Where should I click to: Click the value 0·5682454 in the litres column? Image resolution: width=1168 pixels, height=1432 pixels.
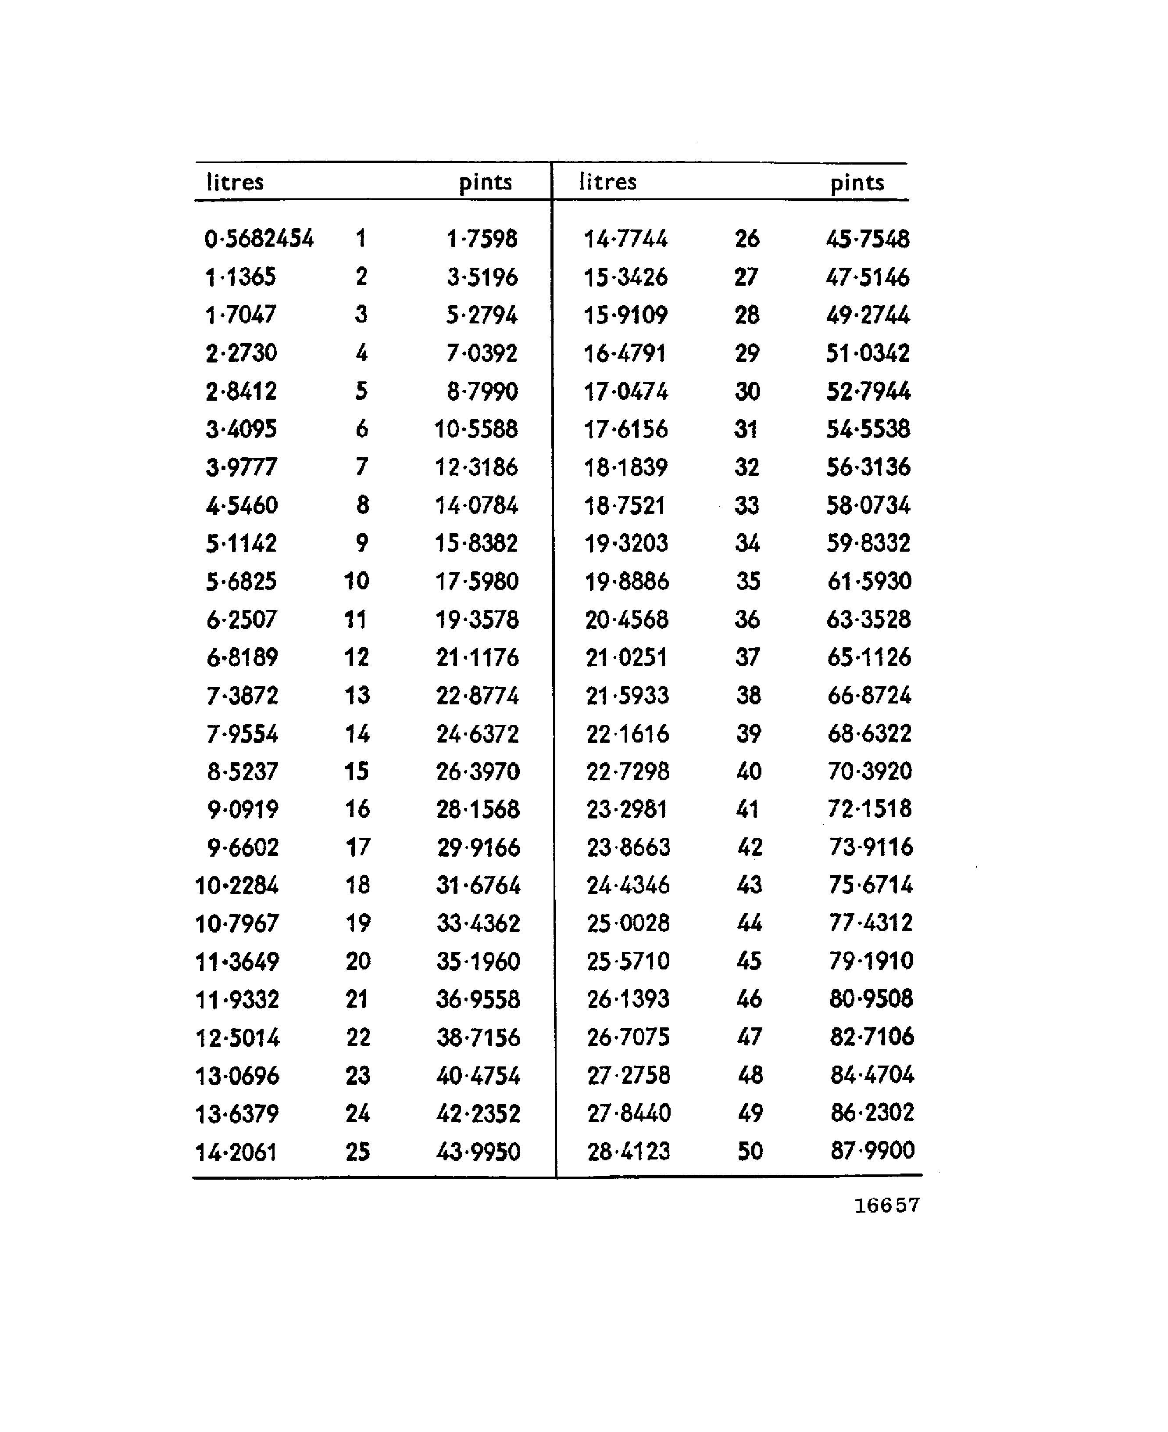coord(259,239)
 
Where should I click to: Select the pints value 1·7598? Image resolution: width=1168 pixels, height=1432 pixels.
coord(482,239)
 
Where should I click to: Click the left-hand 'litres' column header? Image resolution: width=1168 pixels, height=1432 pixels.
coord(235,183)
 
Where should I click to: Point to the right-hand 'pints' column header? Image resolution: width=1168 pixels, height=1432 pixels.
coord(857,183)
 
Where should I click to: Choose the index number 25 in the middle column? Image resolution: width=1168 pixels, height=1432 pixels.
coord(358,1152)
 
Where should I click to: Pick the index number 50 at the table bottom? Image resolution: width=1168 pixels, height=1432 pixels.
coord(750,1151)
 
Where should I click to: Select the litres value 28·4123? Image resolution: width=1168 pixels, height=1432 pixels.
coord(629,1152)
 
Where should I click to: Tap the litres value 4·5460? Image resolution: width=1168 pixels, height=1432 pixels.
coord(242,506)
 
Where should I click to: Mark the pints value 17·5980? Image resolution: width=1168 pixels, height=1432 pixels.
coord(477,581)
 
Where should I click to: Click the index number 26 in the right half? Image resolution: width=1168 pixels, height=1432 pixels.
coord(747,239)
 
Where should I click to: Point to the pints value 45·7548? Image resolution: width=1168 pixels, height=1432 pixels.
coord(868,239)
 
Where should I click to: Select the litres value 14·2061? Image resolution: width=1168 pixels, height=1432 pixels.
coord(236,1152)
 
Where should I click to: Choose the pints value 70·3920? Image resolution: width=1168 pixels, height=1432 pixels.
coord(869,771)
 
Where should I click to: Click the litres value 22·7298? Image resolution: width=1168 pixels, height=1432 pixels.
coord(628,772)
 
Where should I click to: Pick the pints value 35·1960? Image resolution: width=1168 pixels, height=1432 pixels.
coord(479,962)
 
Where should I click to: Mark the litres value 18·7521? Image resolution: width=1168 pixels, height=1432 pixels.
coord(625,506)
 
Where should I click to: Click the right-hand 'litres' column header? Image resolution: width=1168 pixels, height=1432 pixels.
coord(607,182)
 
